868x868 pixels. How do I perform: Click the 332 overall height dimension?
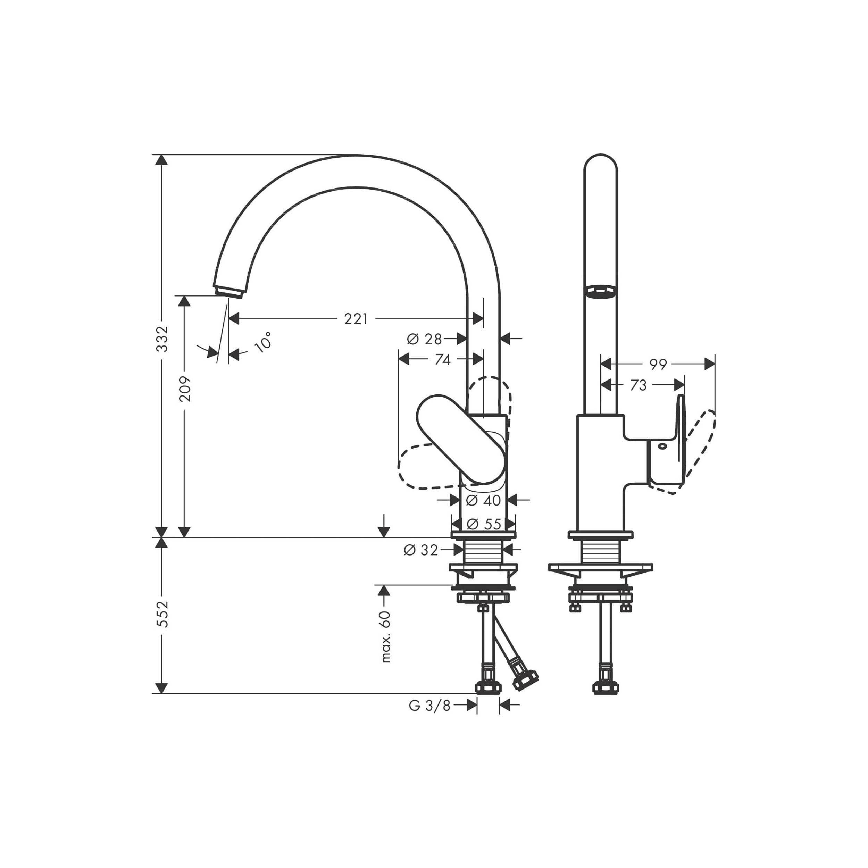tap(162, 339)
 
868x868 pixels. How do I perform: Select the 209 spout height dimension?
tap(184, 389)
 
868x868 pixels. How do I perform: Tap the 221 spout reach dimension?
tap(356, 319)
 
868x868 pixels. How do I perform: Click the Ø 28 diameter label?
tap(425, 339)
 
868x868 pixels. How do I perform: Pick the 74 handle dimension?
tap(443, 359)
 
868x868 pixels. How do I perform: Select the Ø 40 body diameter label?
tap(483, 500)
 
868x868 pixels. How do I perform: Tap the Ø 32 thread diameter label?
tap(421, 550)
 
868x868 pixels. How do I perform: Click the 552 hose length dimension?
tap(162, 614)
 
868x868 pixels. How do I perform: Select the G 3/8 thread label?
tap(429, 706)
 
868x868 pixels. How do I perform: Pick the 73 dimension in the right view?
tap(638, 385)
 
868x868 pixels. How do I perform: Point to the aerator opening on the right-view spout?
tap(600, 291)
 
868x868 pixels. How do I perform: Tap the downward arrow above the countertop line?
tap(383, 525)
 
